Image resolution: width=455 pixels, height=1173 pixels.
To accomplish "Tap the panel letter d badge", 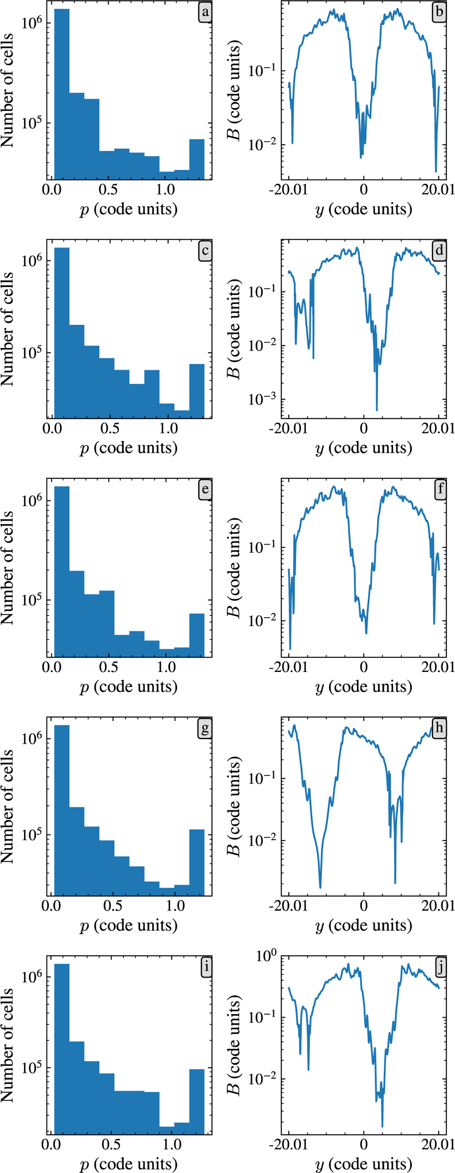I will [439, 251].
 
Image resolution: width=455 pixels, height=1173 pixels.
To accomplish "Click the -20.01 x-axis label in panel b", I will [288, 189].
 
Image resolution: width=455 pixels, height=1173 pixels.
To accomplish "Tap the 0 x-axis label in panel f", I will [364, 667].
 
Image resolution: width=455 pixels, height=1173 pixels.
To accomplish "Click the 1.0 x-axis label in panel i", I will [172, 1144].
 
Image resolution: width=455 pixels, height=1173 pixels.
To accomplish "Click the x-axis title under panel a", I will [129, 210].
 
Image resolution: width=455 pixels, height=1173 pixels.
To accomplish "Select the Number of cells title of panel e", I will [8, 567].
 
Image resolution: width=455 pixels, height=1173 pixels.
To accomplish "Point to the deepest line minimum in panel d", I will [377, 410].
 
